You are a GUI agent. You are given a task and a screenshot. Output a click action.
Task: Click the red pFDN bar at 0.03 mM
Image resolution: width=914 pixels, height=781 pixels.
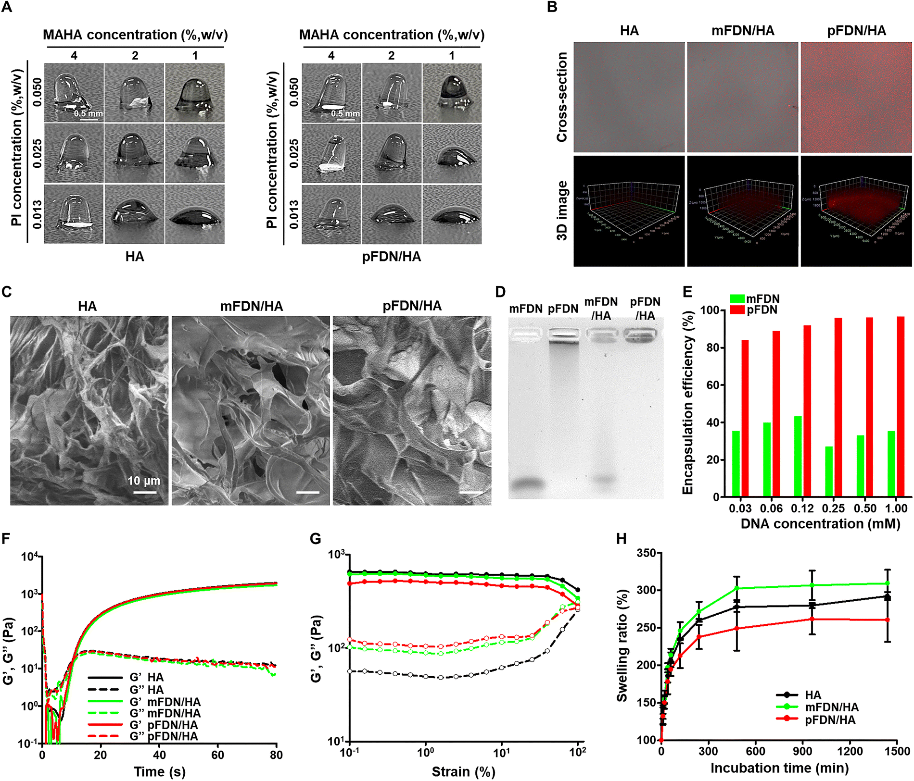[745, 418]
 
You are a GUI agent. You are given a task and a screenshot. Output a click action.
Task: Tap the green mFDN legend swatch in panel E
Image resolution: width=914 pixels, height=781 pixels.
[737, 298]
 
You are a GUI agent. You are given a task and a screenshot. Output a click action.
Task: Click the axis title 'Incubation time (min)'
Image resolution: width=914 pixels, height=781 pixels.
[779, 768]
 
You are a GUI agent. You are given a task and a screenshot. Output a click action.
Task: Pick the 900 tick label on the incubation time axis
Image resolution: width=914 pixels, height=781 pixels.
[802, 751]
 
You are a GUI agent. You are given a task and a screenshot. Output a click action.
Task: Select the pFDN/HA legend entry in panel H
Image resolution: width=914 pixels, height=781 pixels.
[830, 719]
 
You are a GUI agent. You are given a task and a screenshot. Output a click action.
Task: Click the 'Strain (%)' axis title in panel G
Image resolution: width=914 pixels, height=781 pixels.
[463, 771]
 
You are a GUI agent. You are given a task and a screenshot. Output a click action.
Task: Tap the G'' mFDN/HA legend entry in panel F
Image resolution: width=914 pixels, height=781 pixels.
[165, 713]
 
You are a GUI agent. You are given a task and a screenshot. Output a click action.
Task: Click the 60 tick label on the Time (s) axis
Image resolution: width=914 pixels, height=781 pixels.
[217, 755]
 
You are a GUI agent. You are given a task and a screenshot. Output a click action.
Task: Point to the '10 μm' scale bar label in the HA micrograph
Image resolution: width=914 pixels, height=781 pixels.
[144, 481]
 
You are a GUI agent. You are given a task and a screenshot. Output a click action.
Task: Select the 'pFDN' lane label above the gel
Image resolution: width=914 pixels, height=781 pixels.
[563, 309]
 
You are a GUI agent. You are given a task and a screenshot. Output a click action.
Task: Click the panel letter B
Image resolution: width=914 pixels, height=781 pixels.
[552, 8]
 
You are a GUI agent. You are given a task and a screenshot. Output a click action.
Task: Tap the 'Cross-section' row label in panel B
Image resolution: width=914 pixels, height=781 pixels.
[562, 97]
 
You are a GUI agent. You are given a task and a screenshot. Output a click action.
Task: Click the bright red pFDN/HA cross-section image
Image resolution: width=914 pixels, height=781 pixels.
[856, 97]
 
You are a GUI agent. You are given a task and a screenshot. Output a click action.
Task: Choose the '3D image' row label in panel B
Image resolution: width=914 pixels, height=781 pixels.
[562, 211]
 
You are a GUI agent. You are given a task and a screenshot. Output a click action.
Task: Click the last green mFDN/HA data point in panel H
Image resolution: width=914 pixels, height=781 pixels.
[888, 583]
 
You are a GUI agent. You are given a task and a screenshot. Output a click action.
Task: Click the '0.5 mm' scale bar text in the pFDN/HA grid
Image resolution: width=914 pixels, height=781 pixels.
[345, 113]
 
